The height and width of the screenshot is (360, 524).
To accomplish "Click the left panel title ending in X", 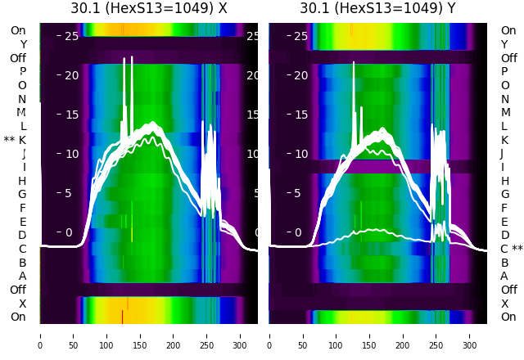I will (148, 8).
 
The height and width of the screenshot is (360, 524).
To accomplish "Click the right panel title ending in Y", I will (377, 8).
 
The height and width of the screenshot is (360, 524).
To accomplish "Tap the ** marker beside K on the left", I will (9, 140).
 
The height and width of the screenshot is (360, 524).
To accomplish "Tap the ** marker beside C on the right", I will (517, 249).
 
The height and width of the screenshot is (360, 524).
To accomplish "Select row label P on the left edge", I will (23, 72).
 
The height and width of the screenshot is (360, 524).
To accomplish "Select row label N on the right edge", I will (504, 99).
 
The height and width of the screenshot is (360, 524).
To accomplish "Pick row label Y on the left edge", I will (23, 44).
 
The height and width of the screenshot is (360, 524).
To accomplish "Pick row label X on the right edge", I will (504, 304).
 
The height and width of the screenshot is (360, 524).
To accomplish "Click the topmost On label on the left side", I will (18, 31).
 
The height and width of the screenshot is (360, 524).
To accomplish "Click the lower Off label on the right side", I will (508, 290).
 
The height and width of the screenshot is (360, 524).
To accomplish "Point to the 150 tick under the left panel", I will (140, 335).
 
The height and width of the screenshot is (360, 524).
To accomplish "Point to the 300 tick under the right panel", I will (470, 335).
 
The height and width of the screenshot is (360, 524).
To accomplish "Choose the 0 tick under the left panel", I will (39, 335).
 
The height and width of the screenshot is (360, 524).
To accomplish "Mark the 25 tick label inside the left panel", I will (71, 36).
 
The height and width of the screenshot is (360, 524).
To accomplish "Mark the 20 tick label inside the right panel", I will (300, 75).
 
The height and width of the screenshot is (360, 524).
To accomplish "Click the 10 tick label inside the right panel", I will (300, 154).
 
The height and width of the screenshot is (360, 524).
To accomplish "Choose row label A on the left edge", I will (23, 276).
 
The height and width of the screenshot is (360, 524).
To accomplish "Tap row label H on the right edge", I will (504, 181).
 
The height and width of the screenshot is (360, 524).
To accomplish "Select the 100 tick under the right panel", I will (336, 335).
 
